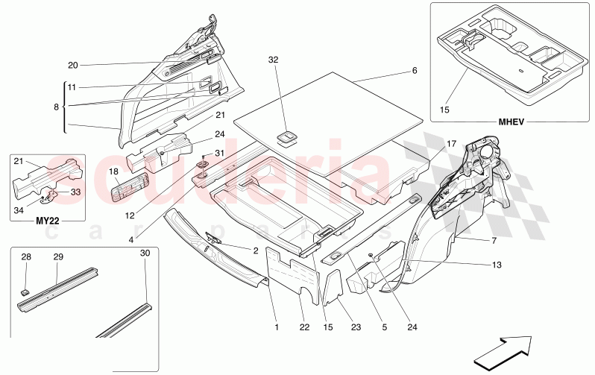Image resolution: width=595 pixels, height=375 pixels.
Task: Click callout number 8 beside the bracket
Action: click(56, 107)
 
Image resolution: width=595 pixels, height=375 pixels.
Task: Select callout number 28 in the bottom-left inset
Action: click(27, 257)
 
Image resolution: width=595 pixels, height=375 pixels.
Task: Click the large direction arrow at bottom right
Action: click(503, 348)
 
